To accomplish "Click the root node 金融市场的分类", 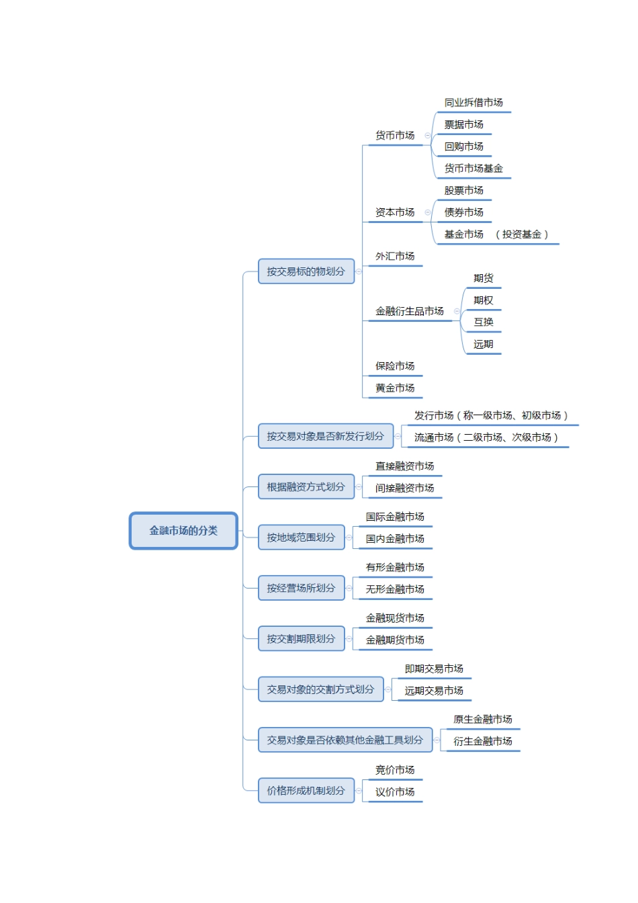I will [x=183, y=531].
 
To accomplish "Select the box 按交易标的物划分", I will [x=306, y=271].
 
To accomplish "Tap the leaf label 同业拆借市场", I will [x=473, y=103].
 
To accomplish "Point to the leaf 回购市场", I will [x=463, y=146].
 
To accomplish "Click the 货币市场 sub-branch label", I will [x=395, y=136].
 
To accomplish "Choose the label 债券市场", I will [x=463, y=212].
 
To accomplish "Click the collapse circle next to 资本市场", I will [x=427, y=212].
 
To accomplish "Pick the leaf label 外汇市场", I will [x=395, y=256].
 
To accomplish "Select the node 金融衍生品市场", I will [x=410, y=311].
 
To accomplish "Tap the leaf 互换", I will [x=483, y=322].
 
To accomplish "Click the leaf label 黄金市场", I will [x=395, y=388].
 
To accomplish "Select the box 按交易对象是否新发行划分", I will [x=325, y=436].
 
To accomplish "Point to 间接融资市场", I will [x=404, y=488].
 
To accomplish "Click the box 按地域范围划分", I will [x=301, y=537].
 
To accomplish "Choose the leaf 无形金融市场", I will [x=395, y=589].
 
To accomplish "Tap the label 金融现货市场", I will [x=395, y=618].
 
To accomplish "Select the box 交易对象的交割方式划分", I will [x=320, y=689].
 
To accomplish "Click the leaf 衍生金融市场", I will [x=482, y=741].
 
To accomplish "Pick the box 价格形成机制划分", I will [x=306, y=791].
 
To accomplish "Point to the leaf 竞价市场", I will [x=395, y=770].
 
